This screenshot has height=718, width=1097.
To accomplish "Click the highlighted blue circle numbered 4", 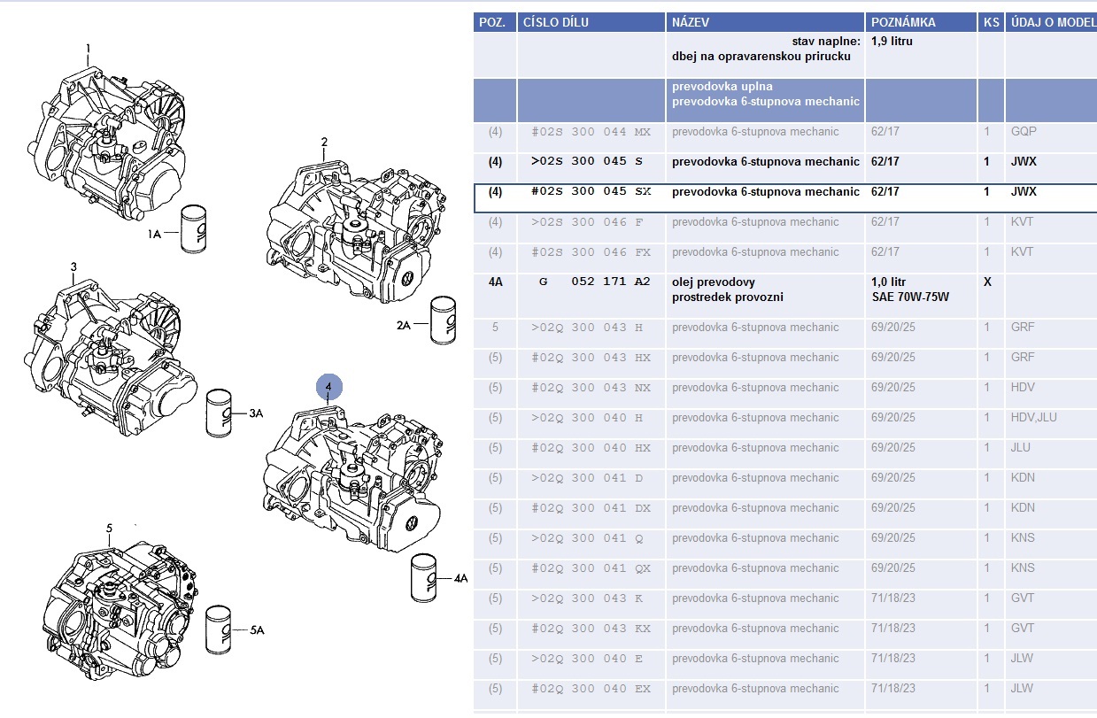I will point(328,387).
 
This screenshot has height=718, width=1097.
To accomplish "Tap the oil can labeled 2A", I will point(442,320).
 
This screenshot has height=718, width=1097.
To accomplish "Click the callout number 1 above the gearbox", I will point(88,48).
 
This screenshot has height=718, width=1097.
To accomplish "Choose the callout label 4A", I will point(460,578).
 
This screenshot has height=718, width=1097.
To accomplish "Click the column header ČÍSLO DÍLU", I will point(556,22).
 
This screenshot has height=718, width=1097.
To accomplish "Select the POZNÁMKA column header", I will point(903,22).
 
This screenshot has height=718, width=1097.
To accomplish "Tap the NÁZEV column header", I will point(691,22).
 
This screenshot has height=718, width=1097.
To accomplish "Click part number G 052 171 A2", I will point(594,282).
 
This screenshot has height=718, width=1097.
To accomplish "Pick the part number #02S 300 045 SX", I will point(591,191).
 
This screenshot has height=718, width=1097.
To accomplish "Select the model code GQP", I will point(1023,131).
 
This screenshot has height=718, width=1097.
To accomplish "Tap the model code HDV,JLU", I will point(1033,417).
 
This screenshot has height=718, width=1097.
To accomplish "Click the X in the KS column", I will point(987,282).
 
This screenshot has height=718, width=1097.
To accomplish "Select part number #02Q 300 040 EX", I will point(591,688).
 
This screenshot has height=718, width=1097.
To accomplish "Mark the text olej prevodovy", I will point(714,282).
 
